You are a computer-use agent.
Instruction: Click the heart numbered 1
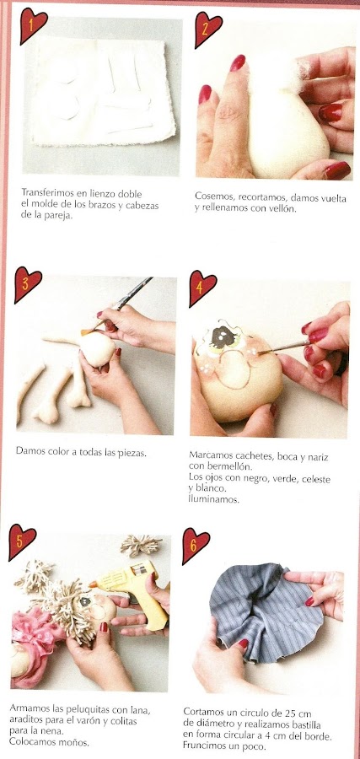tap(33, 24)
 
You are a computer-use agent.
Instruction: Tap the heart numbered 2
tap(207, 28)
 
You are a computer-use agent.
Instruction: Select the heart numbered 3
tap(27, 283)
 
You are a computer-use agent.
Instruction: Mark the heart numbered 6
tap(196, 545)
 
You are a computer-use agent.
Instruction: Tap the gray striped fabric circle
tap(264, 612)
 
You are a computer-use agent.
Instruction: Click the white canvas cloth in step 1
tap(102, 91)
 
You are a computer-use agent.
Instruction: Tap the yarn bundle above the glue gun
tap(141, 545)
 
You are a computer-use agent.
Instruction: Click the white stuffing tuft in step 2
tap(279, 73)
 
